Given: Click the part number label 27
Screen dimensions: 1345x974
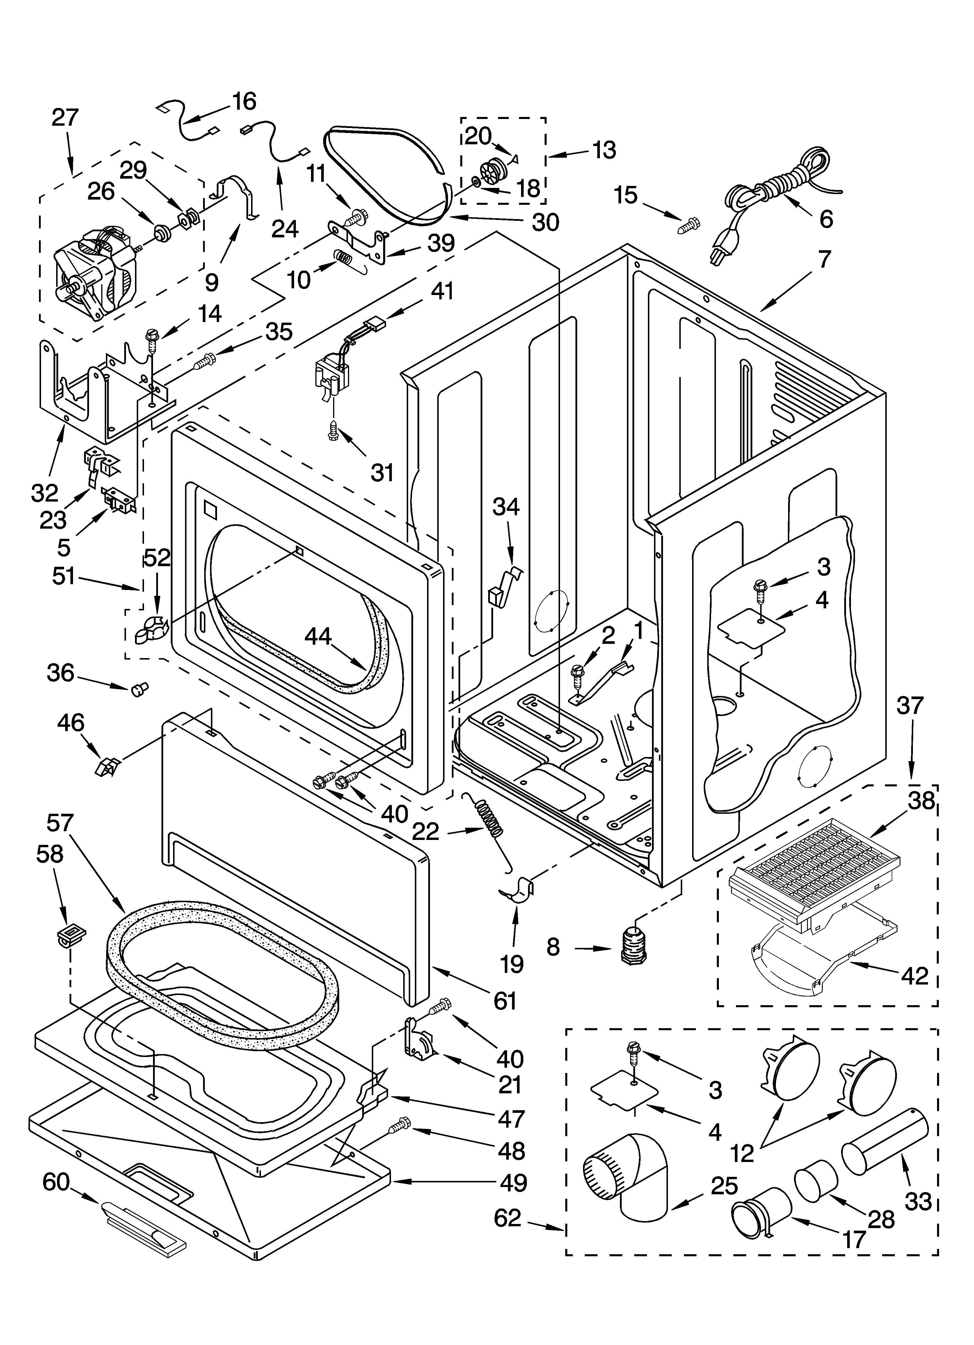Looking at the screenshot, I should (x=65, y=118).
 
